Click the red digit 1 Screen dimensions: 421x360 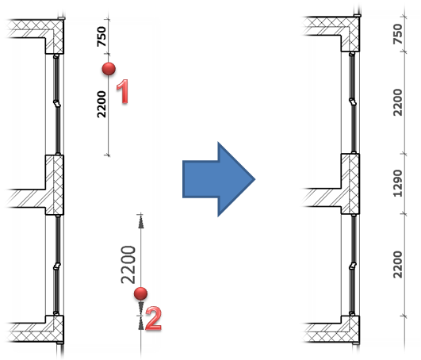point(123,91)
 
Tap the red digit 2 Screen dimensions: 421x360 point(154,319)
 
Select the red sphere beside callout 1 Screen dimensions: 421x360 point(109,69)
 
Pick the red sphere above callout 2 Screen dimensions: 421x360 point(140,293)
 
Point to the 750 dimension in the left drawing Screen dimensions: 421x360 point(101,36)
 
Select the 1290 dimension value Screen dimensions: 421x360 point(398,183)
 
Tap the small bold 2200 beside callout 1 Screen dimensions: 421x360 point(101,104)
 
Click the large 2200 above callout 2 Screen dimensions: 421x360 point(128,265)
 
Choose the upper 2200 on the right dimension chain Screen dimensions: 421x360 point(398,102)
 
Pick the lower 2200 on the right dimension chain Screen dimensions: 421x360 point(398,264)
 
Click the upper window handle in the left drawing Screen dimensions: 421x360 point(57,104)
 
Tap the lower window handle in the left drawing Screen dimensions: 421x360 point(57,266)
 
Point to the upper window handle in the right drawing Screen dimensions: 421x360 point(353,101)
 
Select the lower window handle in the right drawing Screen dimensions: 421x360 point(353,266)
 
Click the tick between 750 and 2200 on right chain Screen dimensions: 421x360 point(404,52)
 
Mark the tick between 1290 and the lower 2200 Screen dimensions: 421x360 point(404,214)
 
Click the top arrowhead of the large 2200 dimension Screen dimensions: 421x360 point(140,222)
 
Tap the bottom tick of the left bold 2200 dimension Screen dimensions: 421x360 point(108,155)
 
